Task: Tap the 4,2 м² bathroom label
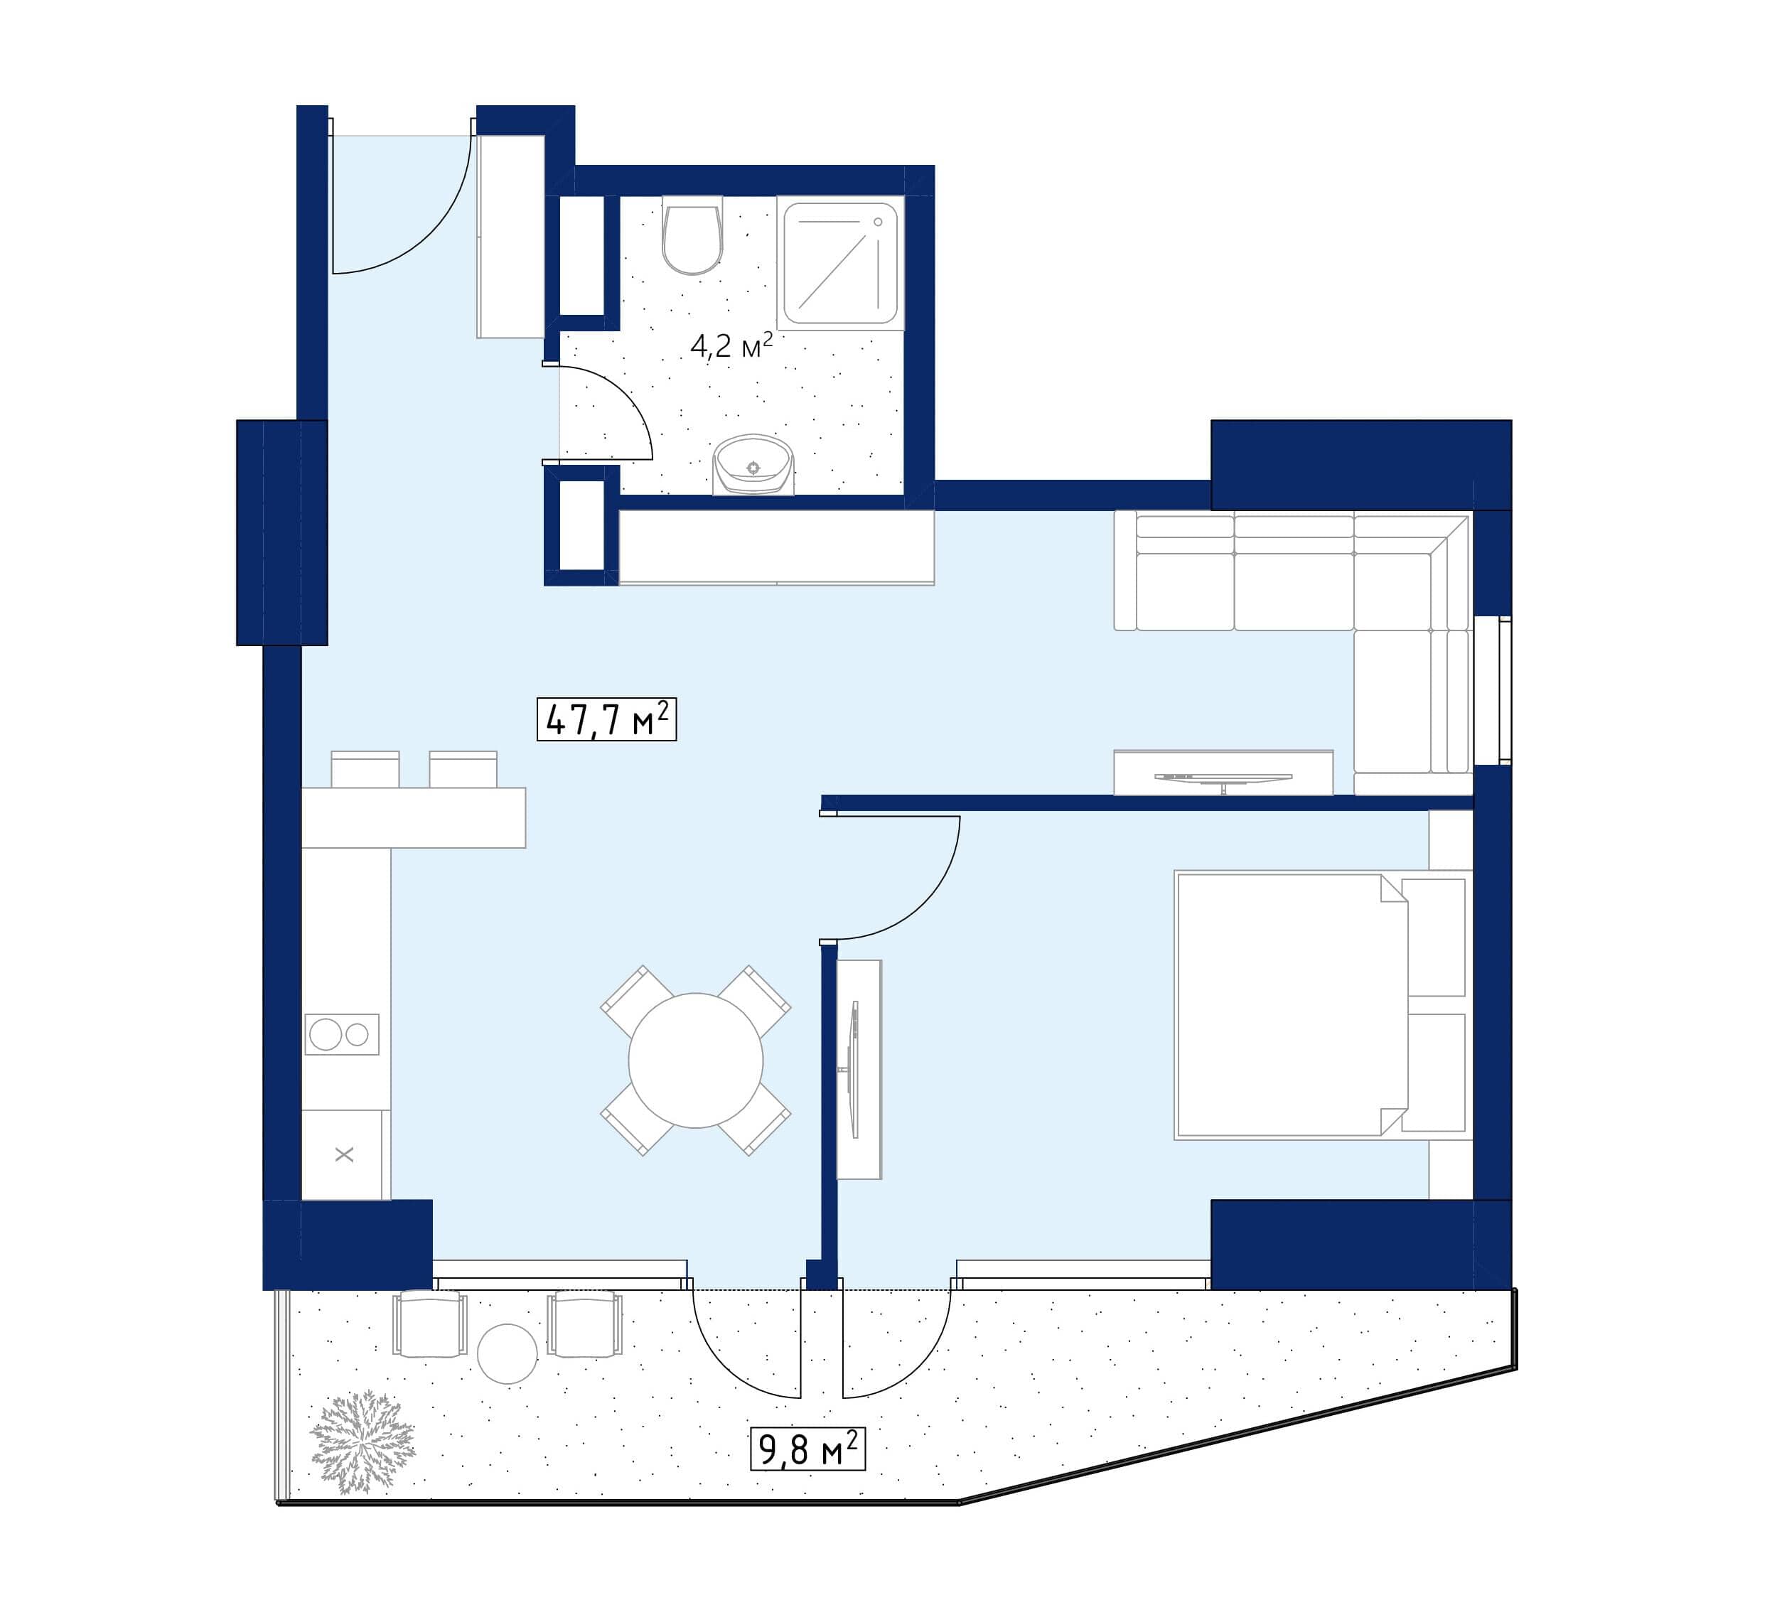[731, 345]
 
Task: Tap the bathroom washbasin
[753, 464]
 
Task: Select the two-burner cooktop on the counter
[341, 1033]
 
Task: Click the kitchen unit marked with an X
[344, 1154]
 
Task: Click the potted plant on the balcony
[361, 1441]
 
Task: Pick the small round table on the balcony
[507, 1354]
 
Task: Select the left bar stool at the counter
[365, 769]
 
